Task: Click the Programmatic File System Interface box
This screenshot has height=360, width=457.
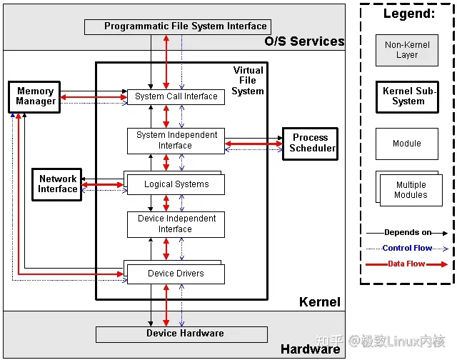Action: (x=178, y=27)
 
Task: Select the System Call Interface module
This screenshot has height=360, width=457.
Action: (x=176, y=96)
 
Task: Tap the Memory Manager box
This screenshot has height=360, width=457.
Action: (x=34, y=97)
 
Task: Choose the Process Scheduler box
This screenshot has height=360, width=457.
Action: (x=311, y=144)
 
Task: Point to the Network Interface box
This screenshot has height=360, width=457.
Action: (x=57, y=184)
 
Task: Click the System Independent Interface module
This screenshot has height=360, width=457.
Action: (x=176, y=141)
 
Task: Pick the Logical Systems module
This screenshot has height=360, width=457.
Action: (x=174, y=183)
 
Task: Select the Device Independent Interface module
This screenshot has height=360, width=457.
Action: (x=176, y=224)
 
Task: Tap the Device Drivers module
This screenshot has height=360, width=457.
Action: (x=174, y=272)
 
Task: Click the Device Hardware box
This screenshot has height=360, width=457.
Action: (x=181, y=334)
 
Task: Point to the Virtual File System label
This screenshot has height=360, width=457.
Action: (x=248, y=81)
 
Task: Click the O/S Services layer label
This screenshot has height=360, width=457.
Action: (x=305, y=41)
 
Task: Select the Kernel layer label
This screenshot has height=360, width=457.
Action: (x=320, y=302)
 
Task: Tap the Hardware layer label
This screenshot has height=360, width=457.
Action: (x=311, y=349)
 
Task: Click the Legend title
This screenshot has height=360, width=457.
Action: (x=409, y=14)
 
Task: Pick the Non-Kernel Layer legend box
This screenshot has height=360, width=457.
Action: (x=407, y=50)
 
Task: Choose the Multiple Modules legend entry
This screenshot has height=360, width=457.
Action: (x=409, y=189)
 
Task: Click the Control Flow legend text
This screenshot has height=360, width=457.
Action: (x=407, y=248)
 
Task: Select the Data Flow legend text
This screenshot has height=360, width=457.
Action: (x=406, y=264)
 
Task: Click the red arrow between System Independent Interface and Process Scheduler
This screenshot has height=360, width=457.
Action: (x=254, y=144)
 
